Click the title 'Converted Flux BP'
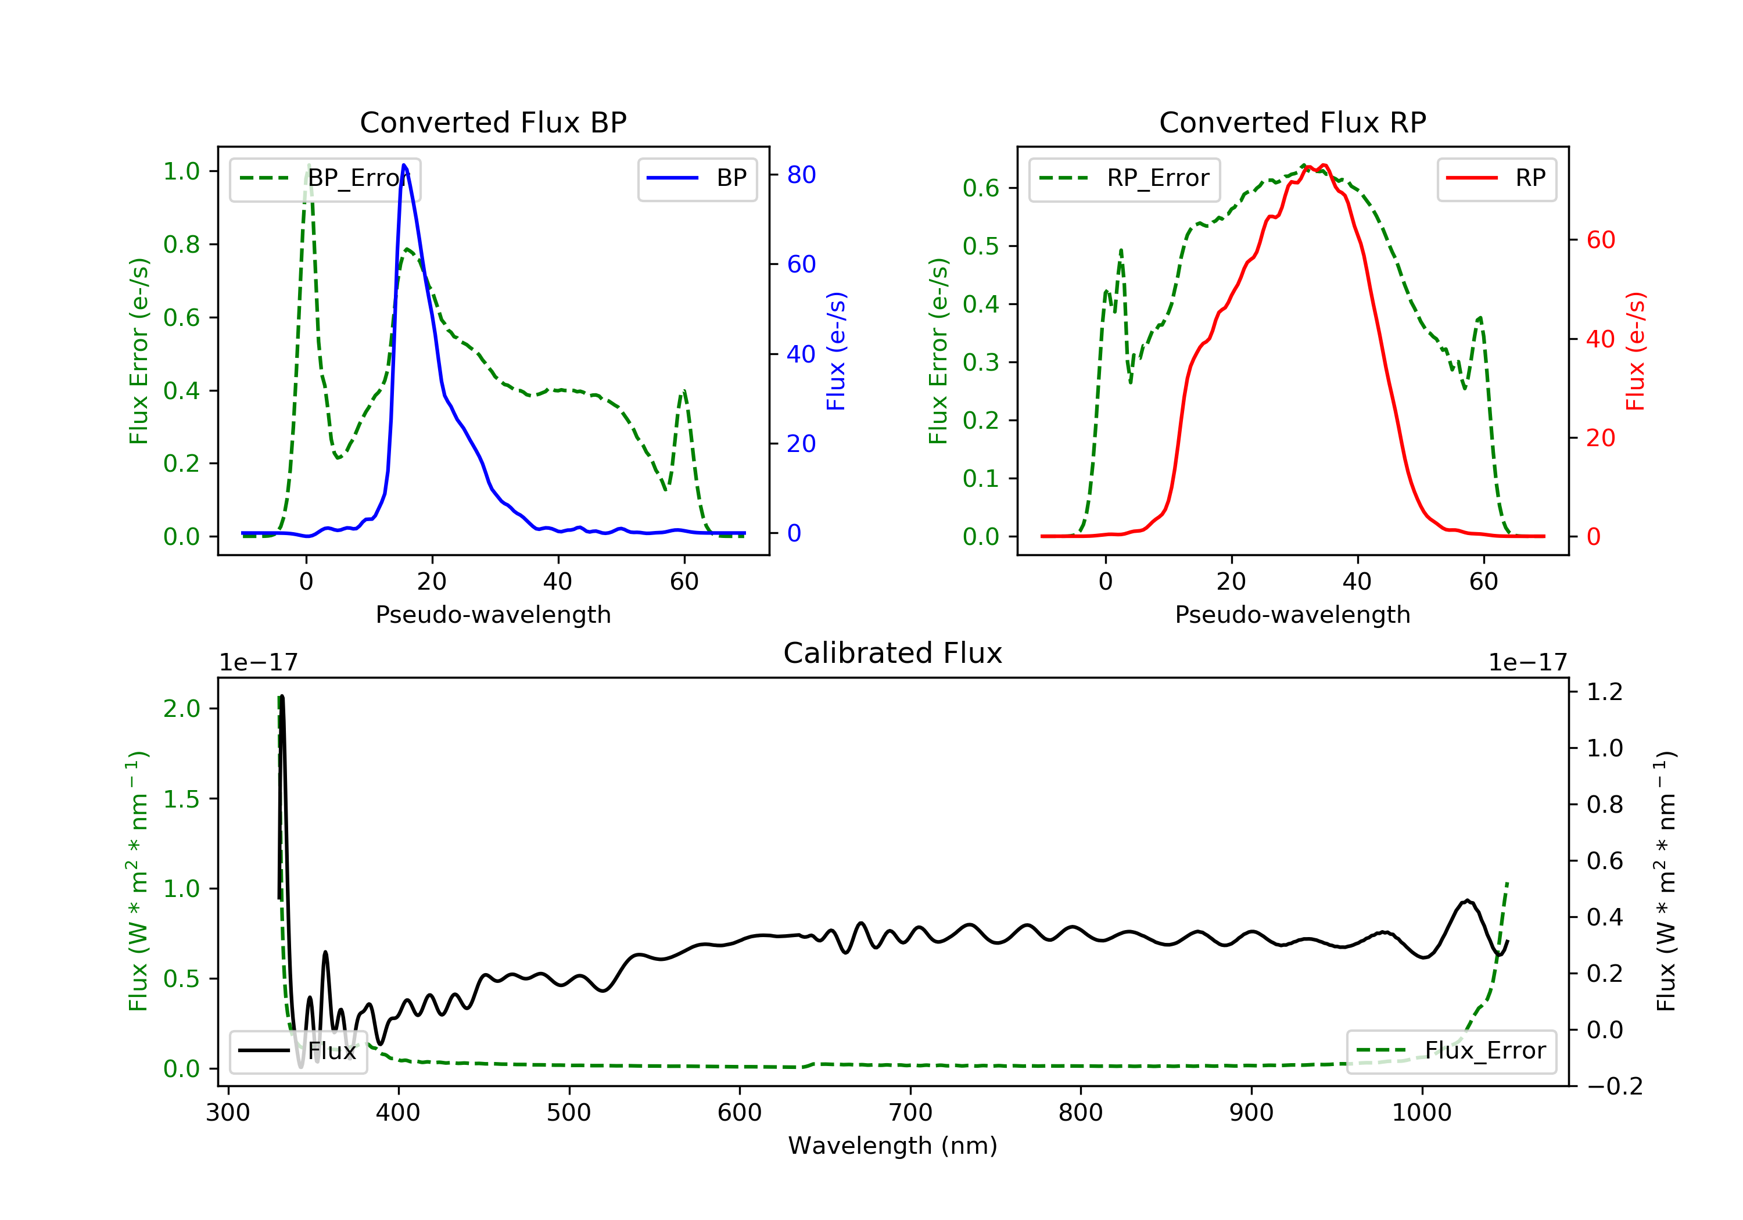pyautogui.click(x=493, y=122)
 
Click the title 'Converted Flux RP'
pyautogui.click(x=1292, y=122)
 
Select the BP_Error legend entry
pyautogui.click(x=325, y=178)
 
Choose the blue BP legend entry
pyautogui.click(x=697, y=178)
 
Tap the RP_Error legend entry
pyautogui.click(x=1124, y=178)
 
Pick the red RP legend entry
pyautogui.click(x=1496, y=178)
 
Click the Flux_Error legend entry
pyautogui.click(x=1451, y=1051)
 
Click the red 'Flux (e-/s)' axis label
pyautogui.click(x=1635, y=351)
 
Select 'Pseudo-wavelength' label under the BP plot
pyautogui.click(x=493, y=614)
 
